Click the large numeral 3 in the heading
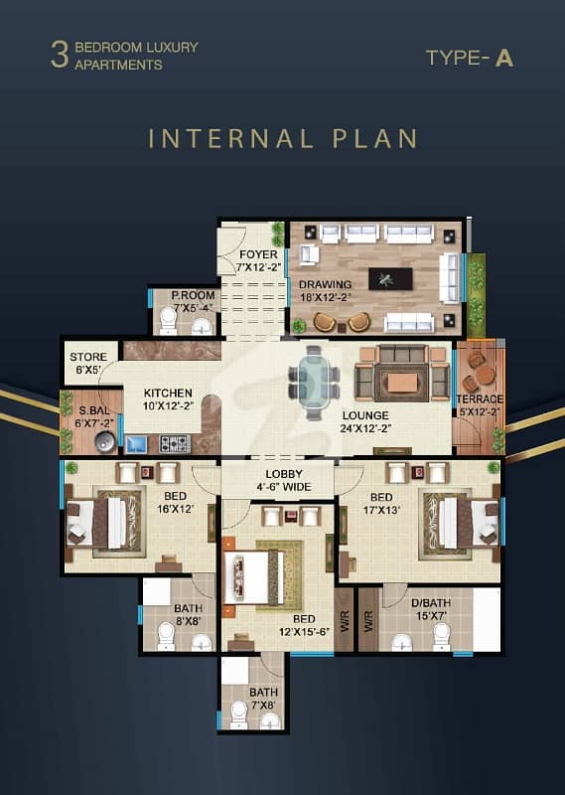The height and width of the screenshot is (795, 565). (x=60, y=56)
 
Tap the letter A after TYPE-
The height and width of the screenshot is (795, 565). (x=504, y=59)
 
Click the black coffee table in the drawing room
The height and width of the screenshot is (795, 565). (x=390, y=279)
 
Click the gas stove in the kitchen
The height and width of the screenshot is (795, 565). (x=175, y=443)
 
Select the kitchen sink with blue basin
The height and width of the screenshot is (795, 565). (x=136, y=444)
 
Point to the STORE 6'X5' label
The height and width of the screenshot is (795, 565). (x=88, y=363)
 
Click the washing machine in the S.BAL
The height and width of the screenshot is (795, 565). (x=105, y=441)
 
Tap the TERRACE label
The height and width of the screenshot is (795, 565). (x=480, y=399)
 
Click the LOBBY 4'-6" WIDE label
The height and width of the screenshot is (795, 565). (x=284, y=480)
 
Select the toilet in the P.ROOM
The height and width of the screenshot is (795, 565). (x=168, y=321)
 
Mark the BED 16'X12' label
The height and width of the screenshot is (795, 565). (x=176, y=503)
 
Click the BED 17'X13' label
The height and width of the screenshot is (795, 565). (x=381, y=504)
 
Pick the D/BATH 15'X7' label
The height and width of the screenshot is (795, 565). (x=431, y=609)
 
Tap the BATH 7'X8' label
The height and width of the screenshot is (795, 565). (x=263, y=699)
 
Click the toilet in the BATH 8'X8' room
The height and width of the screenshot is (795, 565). (x=166, y=636)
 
